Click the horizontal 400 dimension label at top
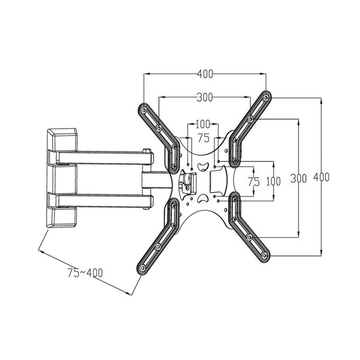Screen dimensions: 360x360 (x=205, y=74)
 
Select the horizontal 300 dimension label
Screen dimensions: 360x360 (x=205, y=97)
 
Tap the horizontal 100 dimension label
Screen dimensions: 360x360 (x=203, y=124)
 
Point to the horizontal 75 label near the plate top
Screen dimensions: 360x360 (x=204, y=138)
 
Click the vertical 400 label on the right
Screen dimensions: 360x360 (x=321, y=177)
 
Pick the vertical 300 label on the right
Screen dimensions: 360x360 (x=299, y=178)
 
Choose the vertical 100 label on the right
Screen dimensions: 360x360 (x=274, y=182)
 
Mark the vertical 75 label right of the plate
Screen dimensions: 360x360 (x=254, y=182)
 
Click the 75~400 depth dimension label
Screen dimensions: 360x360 (x=85, y=273)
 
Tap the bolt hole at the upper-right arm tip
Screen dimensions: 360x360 (x=266, y=98)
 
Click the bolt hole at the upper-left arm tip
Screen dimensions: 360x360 (x=144, y=111)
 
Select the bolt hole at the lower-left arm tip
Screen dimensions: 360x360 (x=142, y=268)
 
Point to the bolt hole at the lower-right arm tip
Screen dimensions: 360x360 (x=264, y=255)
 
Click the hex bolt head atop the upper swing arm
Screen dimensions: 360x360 (x=147, y=151)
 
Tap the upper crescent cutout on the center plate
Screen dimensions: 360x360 (x=203, y=166)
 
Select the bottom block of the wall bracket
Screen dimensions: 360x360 (x=61, y=217)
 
